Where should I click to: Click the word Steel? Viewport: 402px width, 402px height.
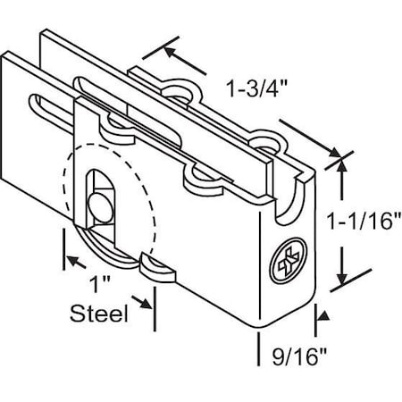coord(99,314)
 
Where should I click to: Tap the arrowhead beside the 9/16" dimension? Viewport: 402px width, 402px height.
coord(319,314)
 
